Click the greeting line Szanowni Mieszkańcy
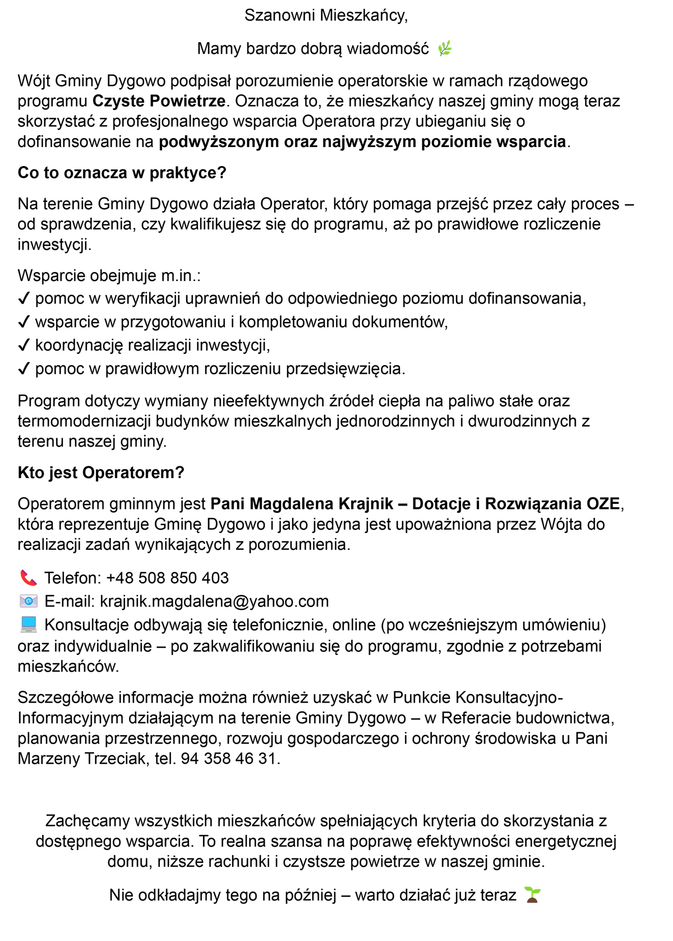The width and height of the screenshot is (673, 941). coord(326,16)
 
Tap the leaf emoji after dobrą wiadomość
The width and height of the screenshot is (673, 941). coord(445,49)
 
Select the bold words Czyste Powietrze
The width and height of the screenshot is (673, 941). coord(159,102)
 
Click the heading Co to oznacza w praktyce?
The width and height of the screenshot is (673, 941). coord(122,173)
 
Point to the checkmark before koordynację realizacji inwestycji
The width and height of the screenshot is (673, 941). coord(24,346)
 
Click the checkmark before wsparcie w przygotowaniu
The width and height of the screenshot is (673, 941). coord(24,322)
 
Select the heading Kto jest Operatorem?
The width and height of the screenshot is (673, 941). coord(101,473)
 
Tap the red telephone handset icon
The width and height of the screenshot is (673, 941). coord(28,578)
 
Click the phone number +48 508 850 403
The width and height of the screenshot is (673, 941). coord(167,579)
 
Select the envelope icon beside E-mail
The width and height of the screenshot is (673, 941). coord(28,602)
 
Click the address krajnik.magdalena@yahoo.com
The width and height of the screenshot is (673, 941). coord(214,602)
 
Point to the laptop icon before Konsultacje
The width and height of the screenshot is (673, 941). coord(28,625)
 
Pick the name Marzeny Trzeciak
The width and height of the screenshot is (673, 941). coord(81,759)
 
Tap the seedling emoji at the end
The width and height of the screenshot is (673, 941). coord(532,895)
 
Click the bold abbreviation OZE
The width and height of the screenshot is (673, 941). coord(603,504)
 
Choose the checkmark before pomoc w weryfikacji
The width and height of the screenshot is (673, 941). coord(24,299)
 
